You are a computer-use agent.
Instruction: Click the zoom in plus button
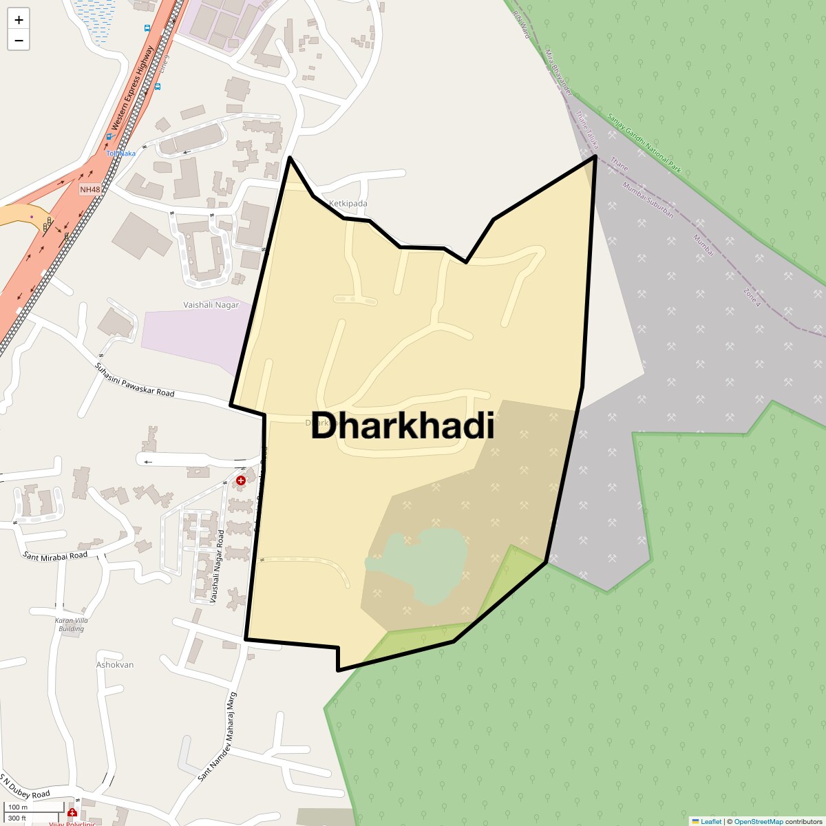click(x=19, y=20)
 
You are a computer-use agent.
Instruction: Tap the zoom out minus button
click(x=19, y=41)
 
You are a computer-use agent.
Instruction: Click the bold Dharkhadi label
click(x=403, y=426)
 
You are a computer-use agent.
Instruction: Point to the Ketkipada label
click(x=348, y=204)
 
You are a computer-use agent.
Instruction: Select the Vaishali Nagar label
click(x=211, y=305)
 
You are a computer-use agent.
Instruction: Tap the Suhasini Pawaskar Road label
click(x=135, y=379)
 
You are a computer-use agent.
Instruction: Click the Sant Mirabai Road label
click(x=55, y=555)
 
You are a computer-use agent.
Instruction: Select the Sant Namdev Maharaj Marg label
click(x=218, y=737)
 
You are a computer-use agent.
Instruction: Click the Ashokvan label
click(x=115, y=665)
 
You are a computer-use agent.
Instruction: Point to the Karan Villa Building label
click(x=72, y=624)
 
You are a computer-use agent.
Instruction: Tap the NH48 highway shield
click(x=89, y=189)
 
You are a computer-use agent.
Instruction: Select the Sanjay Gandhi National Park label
click(x=644, y=144)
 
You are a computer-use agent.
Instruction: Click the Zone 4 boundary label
click(x=752, y=297)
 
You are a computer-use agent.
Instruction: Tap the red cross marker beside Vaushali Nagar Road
click(x=241, y=480)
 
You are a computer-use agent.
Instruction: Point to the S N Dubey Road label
click(x=25, y=787)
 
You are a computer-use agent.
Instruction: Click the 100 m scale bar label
click(x=18, y=807)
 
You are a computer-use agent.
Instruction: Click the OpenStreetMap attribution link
click(x=758, y=821)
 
